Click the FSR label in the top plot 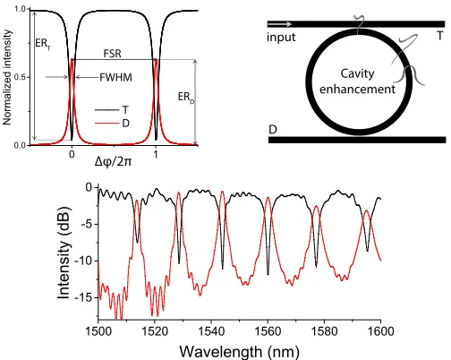(x=113, y=54)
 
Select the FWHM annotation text (x=115, y=78)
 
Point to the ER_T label (x=43, y=44)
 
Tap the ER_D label (x=186, y=98)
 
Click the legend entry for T (x=112, y=110)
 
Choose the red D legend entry (x=112, y=124)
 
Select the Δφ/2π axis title (x=113, y=161)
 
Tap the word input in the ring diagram (x=281, y=38)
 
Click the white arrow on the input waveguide (x=280, y=24)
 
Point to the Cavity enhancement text (x=357, y=81)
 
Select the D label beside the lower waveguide (x=273, y=130)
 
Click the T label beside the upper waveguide (x=439, y=36)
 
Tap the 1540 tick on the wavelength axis (x=211, y=331)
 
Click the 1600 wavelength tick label (x=380, y=331)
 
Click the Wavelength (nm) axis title (x=240, y=351)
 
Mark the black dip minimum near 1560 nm (x=268, y=274)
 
